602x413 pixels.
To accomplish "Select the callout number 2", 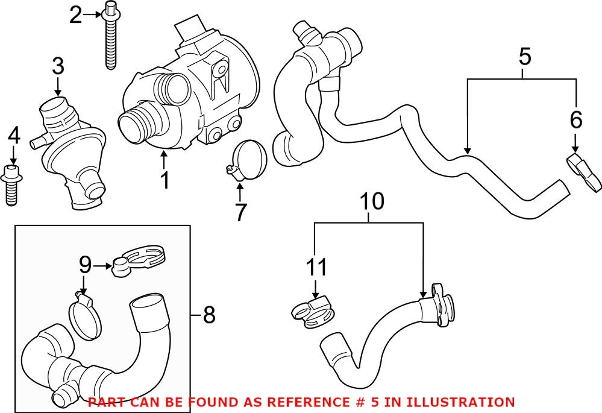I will tap(75, 14).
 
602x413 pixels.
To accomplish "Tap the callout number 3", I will tap(58, 67).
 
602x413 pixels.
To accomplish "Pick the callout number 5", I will tap(524, 58).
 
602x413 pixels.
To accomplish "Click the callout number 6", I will tap(576, 121).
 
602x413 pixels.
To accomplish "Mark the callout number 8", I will tap(209, 315).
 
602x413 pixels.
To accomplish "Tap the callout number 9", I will tap(85, 263).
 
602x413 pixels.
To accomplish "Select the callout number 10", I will tap(372, 201).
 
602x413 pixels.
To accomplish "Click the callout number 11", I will tap(316, 267).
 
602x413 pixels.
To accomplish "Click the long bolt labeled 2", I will tap(110, 39).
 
